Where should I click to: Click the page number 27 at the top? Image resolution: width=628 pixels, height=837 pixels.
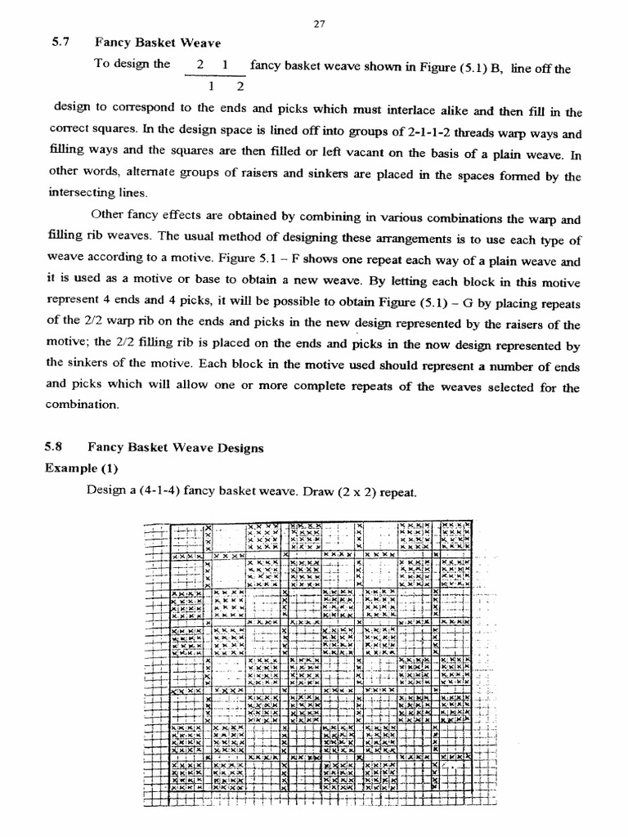320,24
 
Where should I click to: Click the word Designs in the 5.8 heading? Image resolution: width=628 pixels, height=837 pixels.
237,447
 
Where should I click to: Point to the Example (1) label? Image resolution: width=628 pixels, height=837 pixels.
81,468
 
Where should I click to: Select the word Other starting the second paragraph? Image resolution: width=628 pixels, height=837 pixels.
108,218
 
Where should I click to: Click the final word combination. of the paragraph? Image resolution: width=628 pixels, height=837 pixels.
82,405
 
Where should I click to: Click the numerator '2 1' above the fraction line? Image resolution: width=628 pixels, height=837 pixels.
213,64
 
